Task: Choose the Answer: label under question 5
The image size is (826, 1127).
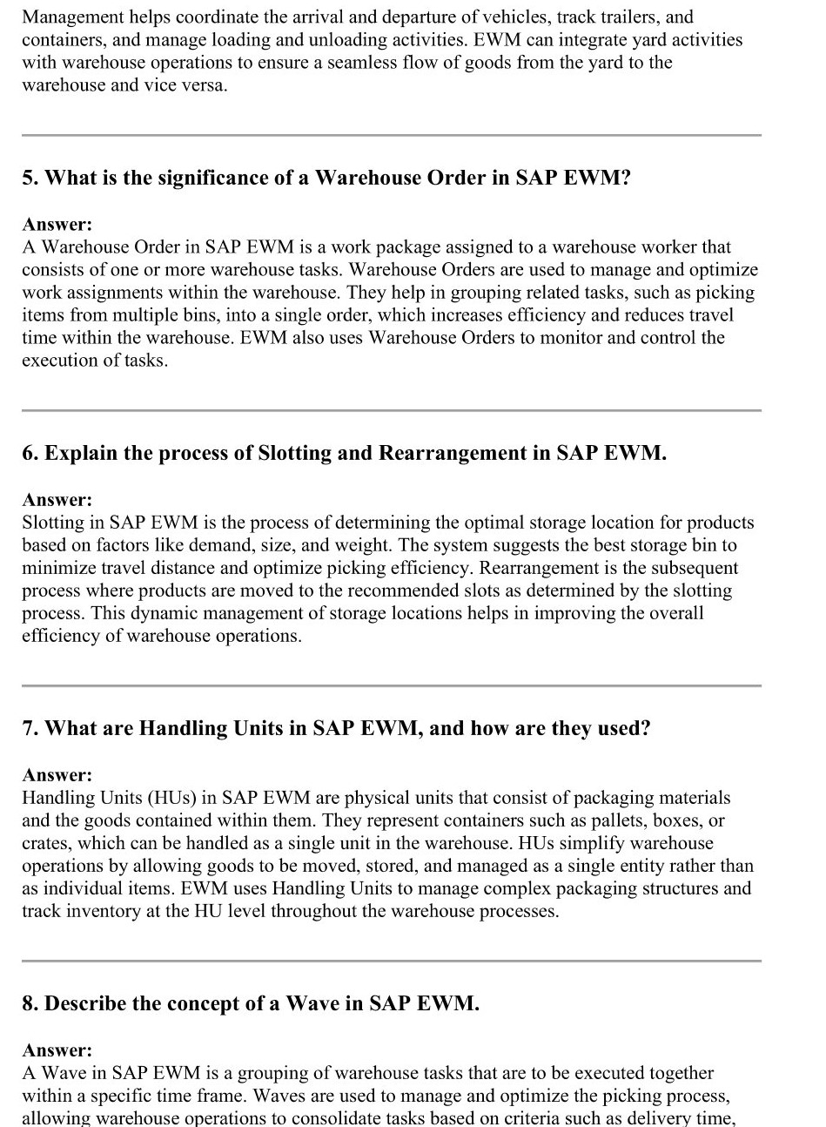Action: pyautogui.click(x=57, y=225)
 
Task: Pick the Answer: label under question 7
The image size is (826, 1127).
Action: pyautogui.click(x=57, y=775)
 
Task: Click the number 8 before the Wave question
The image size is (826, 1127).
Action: pyautogui.click(x=29, y=1003)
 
